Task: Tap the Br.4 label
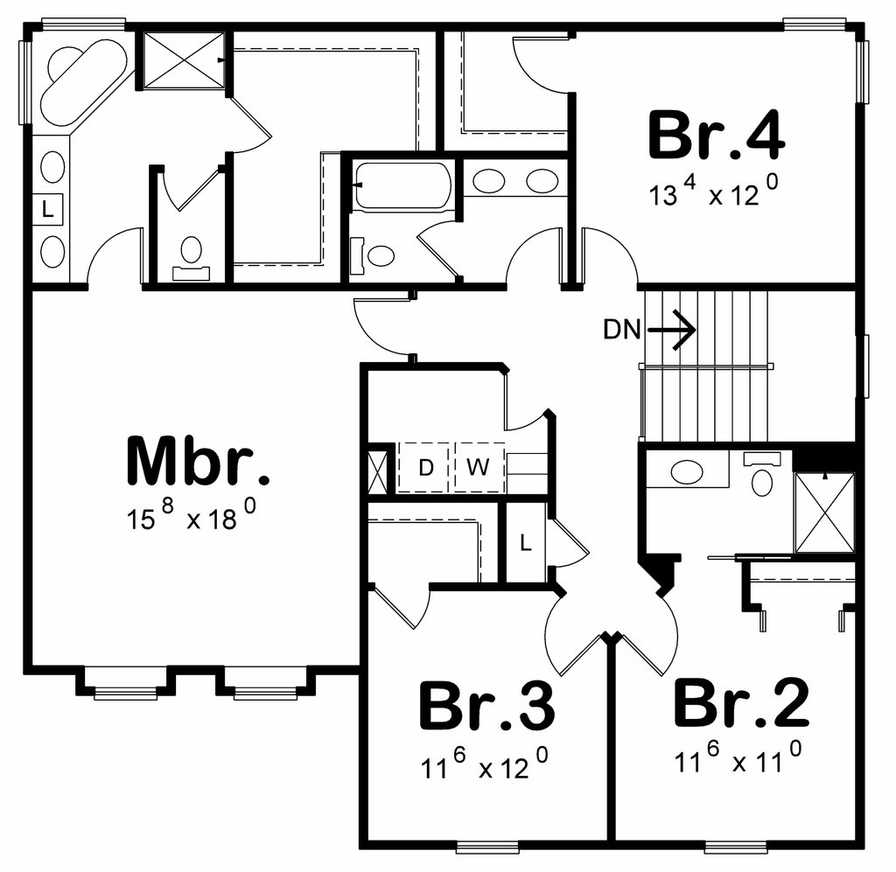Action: click(x=716, y=136)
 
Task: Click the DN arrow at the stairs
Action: click(x=673, y=330)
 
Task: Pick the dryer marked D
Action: click(x=425, y=467)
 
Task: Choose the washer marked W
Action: click(x=478, y=467)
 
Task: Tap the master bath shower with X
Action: click(x=184, y=59)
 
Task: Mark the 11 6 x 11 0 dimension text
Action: click(x=738, y=759)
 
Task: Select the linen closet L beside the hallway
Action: click(x=525, y=542)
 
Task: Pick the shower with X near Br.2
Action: click(x=823, y=513)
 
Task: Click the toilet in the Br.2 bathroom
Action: click(x=764, y=477)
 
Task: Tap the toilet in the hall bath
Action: click(x=376, y=256)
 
